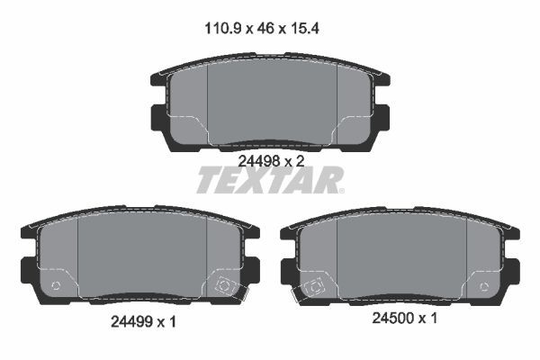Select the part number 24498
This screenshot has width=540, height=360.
[x=258, y=159]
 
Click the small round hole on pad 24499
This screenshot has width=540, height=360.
[x=57, y=287]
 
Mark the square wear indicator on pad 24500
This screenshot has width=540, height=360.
[x=315, y=288]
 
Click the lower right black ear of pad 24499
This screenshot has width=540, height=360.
[x=251, y=267]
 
